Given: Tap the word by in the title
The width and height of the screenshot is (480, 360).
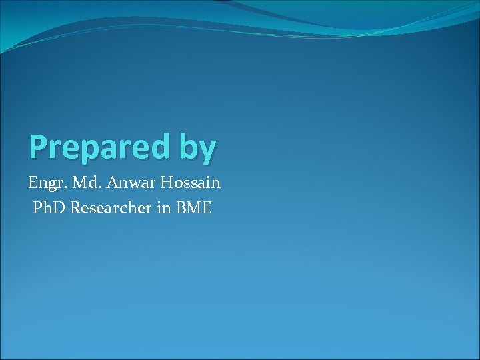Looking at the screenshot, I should (x=197, y=149).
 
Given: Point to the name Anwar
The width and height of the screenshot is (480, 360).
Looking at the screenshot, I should (x=128, y=181).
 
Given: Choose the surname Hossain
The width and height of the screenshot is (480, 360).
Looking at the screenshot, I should (x=191, y=181).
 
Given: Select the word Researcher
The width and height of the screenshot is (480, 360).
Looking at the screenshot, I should (x=112, y=208).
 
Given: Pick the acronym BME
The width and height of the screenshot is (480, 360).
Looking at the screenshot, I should (x=194, y=208).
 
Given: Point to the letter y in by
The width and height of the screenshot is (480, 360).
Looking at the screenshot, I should (x=207, y=150).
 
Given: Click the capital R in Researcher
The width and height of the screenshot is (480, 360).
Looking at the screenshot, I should (x=76, y=208).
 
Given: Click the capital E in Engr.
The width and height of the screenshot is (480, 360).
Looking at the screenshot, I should (x=33, y=181).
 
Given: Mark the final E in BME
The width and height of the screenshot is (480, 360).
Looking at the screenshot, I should (x=207, y=208).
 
